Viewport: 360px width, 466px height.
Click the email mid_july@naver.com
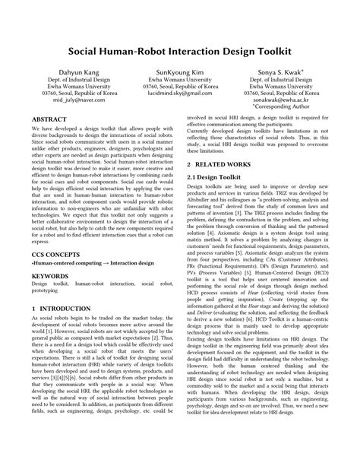(x=80, y=109)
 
